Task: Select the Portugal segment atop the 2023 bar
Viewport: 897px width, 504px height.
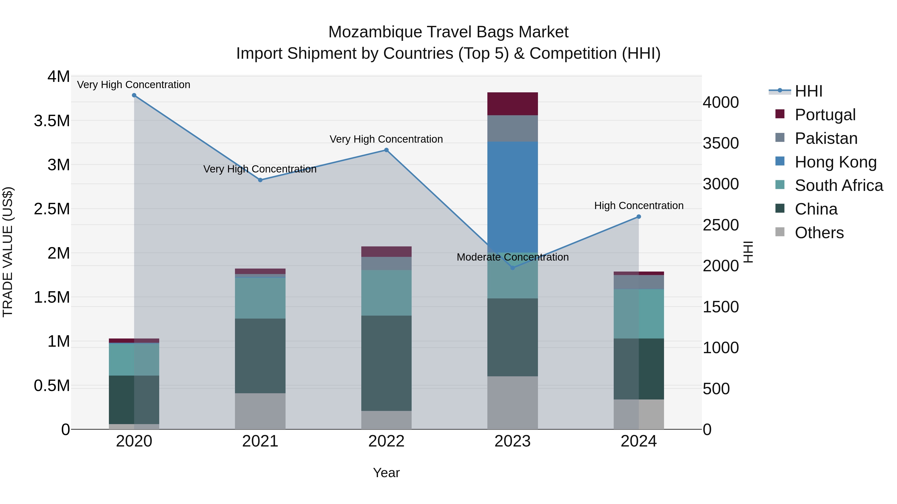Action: coord(512,104)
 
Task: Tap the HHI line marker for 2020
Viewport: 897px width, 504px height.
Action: coord(134,95)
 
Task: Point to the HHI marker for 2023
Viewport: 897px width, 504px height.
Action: coord(512,268)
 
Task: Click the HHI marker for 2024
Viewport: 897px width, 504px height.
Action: coord(639,217)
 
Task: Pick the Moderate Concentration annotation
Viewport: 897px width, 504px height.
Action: coord(512,257)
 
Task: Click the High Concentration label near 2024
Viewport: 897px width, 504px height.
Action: coord(639,206)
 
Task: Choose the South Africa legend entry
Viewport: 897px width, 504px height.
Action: coord(838,185)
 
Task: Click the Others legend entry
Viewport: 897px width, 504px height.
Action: coord(819,233)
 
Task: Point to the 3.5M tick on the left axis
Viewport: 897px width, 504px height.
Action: coord(52,121)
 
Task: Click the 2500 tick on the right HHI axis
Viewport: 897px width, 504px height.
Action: coord(720,225)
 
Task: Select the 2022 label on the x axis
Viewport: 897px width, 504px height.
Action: coord(386,441)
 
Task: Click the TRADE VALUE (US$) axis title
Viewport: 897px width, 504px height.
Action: coord(8,252)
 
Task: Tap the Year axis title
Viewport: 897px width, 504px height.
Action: coord(386,473)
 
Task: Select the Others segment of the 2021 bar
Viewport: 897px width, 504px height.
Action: coord(260,411)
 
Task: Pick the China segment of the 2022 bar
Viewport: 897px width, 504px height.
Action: coord(386,363)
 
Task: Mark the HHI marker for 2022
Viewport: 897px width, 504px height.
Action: coord(386,150)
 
